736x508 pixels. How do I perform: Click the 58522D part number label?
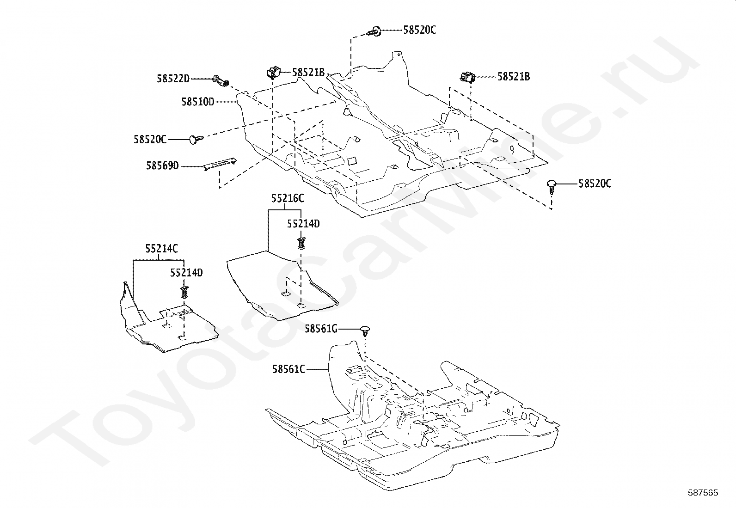(x=173, y=79)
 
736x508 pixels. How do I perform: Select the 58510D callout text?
(x=198, y=102)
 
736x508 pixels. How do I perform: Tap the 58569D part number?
(x=162, y=166)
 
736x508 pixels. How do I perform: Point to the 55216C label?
(x=288, y=198)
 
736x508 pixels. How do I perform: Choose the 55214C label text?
(x=162, y=249)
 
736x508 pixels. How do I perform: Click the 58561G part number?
(x=321, y=329)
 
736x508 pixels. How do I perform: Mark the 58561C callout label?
(x=288, y=369)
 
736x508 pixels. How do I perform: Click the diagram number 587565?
(x=703, y=493)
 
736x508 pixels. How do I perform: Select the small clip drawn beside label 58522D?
(x=221, y=81)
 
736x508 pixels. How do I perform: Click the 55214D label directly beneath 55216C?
(x=303, y=224)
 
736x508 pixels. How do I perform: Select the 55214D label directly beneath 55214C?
(x=186, y=273)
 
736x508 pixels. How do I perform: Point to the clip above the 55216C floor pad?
(x=301, y=243)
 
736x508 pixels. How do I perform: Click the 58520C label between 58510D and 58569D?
(x=150, y=139)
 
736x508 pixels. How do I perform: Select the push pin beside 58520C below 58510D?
(x=196, y=139)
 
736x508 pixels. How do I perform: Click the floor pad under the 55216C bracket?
(x=282, y=286)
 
